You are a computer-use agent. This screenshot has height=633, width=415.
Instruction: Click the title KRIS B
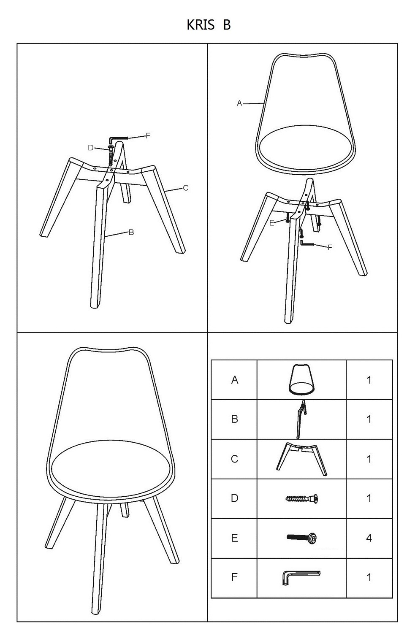[x=209, y=25]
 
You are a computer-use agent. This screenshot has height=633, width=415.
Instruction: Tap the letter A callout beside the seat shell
[x=239, y=103]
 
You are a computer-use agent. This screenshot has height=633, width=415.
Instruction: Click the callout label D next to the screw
[x=91, y=148]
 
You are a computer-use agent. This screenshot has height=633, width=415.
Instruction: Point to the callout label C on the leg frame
[x=186, y=188]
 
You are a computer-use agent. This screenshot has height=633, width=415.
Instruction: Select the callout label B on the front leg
[x=131, y=232]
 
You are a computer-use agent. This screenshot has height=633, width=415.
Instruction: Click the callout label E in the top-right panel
[x=272, y=223]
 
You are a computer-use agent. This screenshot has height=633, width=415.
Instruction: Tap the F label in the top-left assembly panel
[x=148, y=135]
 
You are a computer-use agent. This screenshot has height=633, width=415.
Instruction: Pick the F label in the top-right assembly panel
[x=330, y=248]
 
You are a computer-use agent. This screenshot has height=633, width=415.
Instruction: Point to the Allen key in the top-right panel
[x=307, y=243]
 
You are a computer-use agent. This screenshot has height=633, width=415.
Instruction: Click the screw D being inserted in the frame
[x=110, y=157]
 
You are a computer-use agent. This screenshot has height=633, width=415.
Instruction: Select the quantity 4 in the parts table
[x=369, y=538]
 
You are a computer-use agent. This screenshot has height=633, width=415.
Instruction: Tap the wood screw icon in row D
[x=301, y=498]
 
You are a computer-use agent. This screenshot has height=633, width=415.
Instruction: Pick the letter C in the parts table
[x=234, y=459]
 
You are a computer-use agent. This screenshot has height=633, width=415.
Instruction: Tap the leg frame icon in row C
[x=301, y=459]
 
